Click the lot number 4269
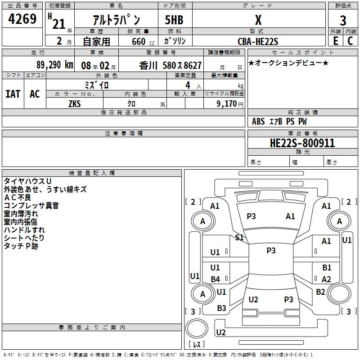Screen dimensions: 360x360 coord(22,20)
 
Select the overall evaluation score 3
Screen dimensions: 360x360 coord(343,20)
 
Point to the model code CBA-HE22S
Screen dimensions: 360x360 coord(258,41)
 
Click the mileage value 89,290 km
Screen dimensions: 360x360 coord(54,65)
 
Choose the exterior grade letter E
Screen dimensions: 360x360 coord(335,41)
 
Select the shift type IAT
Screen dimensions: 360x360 coord(13,94)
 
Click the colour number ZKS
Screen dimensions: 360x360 coord(75,103)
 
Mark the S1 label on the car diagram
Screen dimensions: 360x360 coord(239,237)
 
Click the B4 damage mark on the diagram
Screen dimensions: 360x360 coord(216,279)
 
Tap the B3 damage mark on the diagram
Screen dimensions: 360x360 coord(221,308)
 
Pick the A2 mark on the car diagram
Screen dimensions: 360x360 coord(326,279)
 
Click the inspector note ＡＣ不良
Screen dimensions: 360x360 coord(18,198)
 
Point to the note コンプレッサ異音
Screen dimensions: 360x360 coord(31,206)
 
